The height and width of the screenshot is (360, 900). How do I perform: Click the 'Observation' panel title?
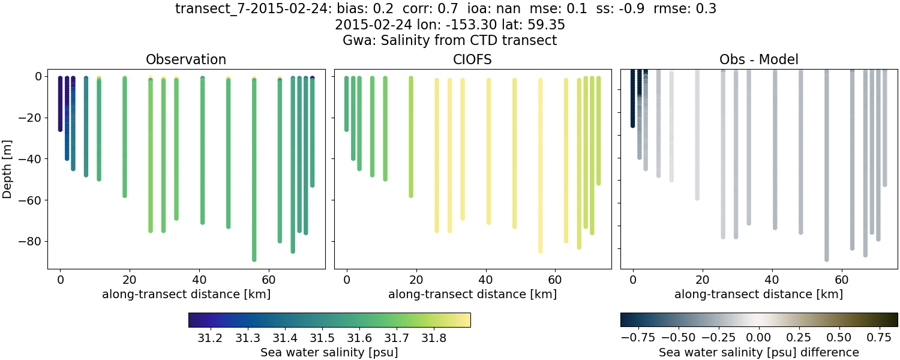[186, 59]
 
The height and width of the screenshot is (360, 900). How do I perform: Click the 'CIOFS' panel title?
[472, 59]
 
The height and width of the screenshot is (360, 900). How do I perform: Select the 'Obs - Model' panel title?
[758, 59]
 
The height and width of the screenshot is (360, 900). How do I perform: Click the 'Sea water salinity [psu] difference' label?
[758, 352]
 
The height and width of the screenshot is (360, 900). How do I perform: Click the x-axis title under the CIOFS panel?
[472, 294]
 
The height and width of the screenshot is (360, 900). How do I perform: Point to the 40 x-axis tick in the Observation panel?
[199, 279]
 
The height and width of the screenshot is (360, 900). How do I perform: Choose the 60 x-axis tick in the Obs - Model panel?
[841, 279]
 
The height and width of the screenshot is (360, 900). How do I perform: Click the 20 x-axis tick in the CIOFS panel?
[416, 279]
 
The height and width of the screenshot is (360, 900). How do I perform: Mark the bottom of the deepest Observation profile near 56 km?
[254, 259]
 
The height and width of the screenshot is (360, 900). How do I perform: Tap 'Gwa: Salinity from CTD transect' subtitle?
[449, 40]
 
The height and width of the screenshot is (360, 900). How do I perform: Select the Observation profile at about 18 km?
[125, 138]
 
